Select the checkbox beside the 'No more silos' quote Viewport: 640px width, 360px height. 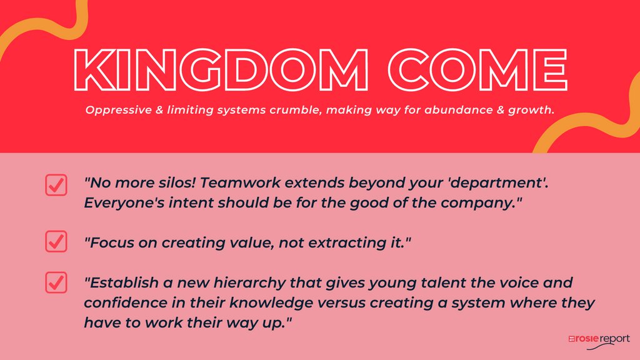tap(56, 185)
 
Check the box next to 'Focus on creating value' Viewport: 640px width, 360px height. tap(56, 241)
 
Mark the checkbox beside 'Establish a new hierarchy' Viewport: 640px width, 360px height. tap(56, 283)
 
